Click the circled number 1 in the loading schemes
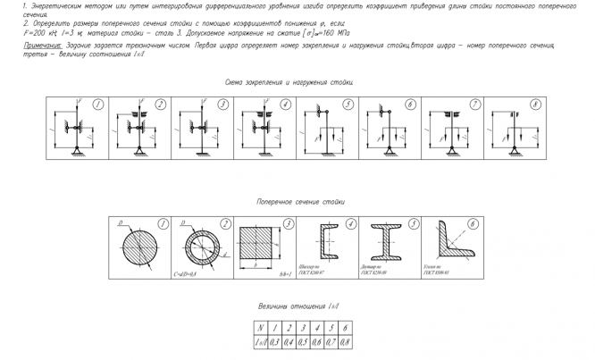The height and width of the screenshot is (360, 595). (96, 104)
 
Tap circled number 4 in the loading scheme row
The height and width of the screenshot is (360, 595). (285, 104)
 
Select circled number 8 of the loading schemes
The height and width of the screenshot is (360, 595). (535, 104)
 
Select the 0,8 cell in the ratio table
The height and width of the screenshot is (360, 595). (345, 341)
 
